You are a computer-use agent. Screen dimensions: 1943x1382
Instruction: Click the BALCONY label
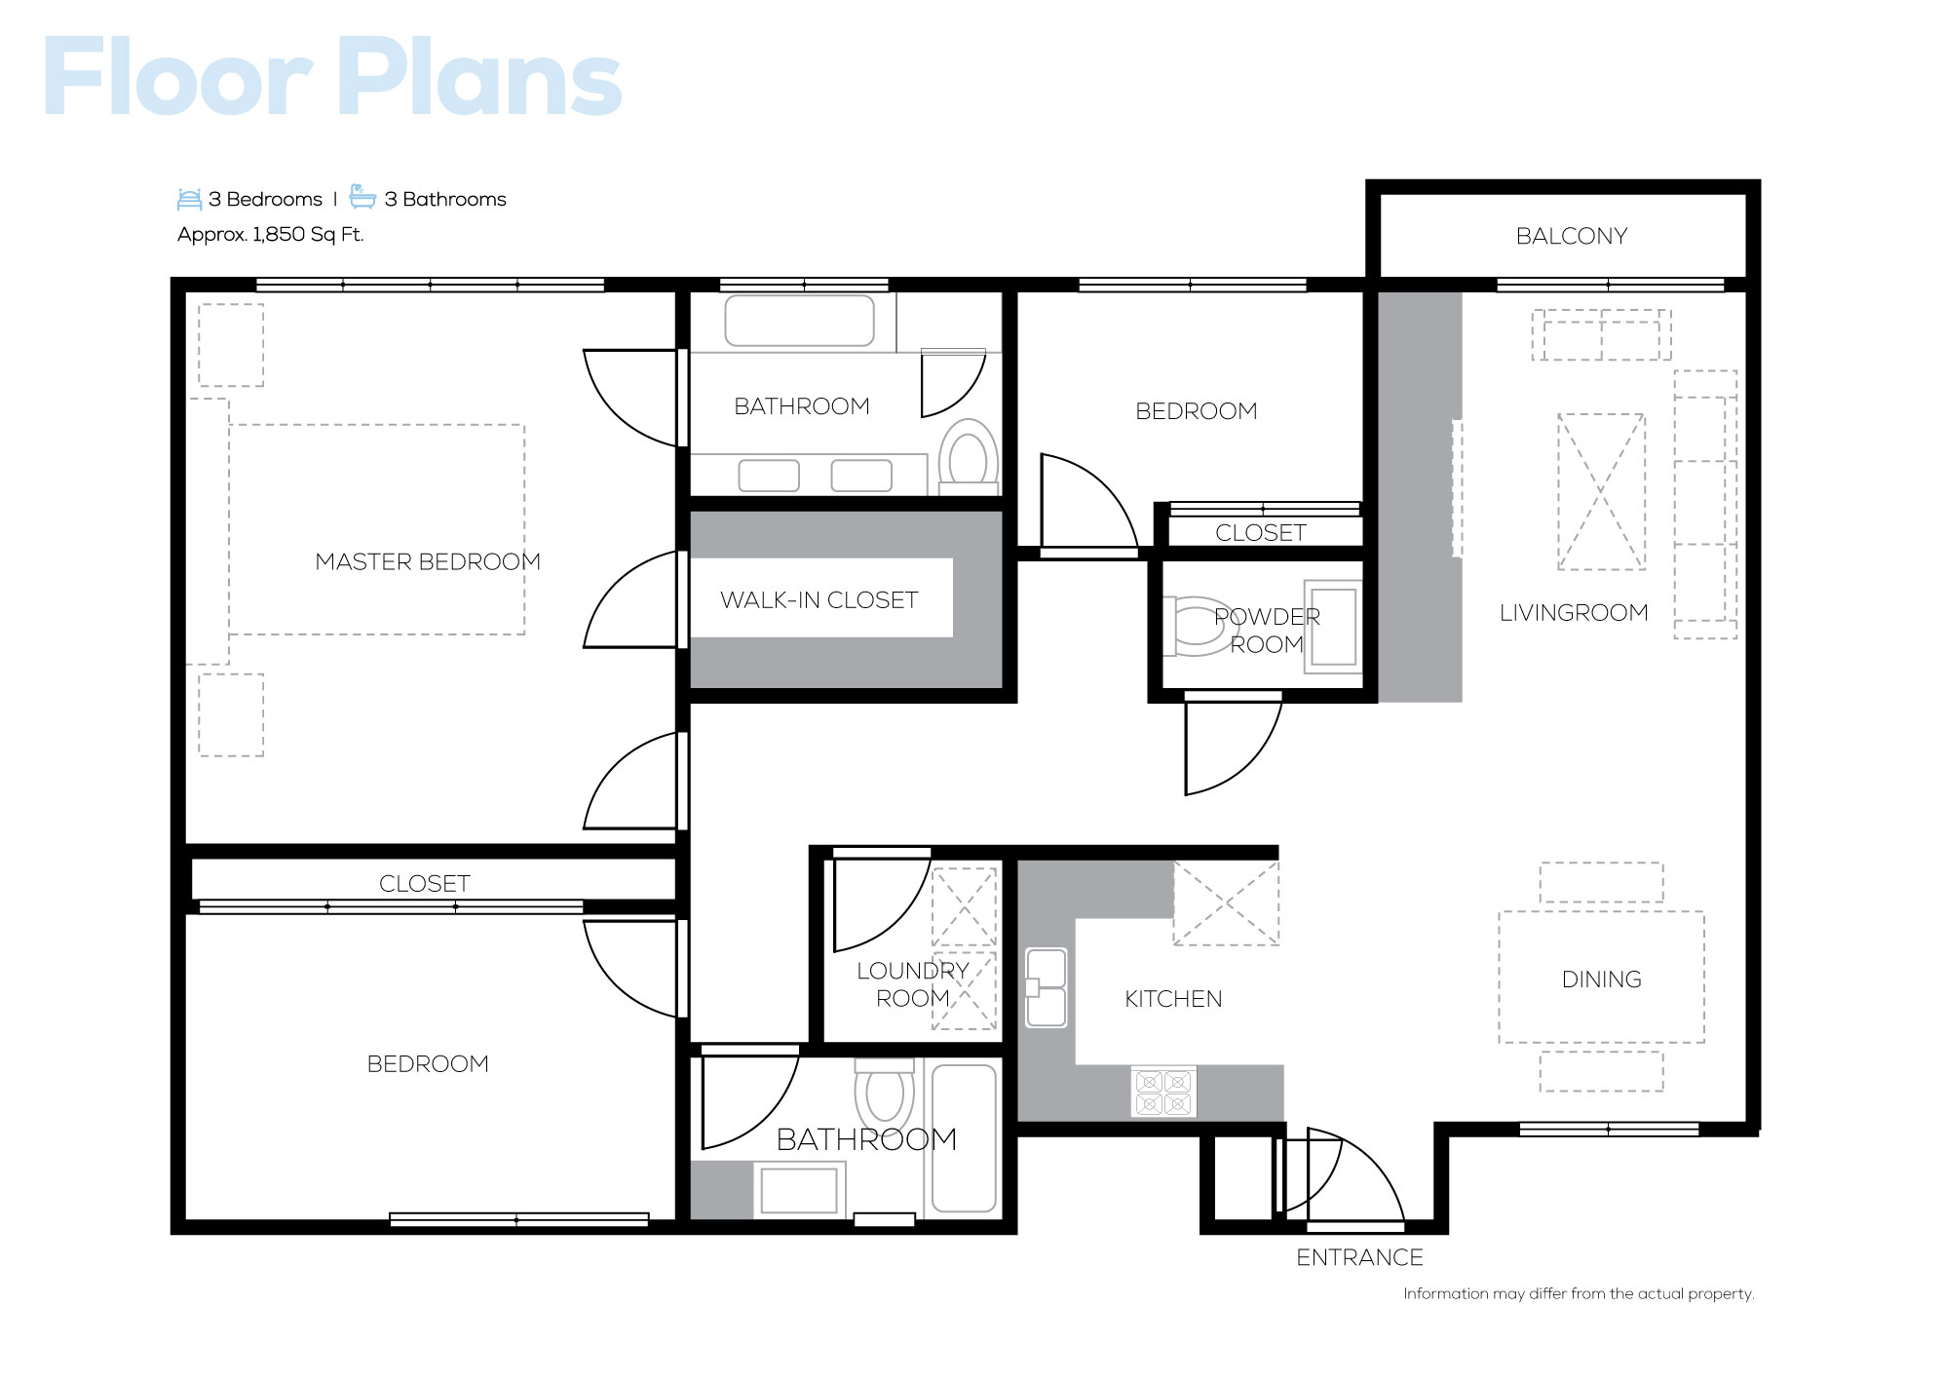pyautogui.click(x=1571, y=236)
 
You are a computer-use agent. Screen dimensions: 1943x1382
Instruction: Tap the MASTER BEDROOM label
pyautogui.click(x=428, y=561)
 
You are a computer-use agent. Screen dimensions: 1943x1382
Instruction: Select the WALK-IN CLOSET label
pyautogui.click(x=819, y=599)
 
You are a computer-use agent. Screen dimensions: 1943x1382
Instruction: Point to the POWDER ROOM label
pyautogui.click(x=1267, y=630)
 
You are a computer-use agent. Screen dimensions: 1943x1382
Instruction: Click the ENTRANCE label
pyautogui.click(x=1359, y=1257)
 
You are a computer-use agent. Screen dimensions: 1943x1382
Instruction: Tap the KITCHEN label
pyautogui.click(x=1173, y=999)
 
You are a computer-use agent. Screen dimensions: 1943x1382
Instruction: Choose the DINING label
pyautogui.click(x=1601, y=979)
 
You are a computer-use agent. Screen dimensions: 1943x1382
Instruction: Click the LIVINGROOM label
pyautogui.click(x=1574, y=612)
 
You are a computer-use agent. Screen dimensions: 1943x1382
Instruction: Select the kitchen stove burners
pyautogui.click(x=1163, y=1093)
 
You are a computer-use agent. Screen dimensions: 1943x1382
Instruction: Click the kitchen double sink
pyautogui.click(x=1046, y=987)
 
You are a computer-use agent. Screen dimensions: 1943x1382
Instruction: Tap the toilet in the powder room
pyautogui.click(x=1198, y=626)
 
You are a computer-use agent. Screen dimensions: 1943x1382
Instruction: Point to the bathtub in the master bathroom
pyautogui.click(x=799, y=321)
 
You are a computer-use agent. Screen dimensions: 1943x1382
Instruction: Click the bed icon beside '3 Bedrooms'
pyautogui.click(x=189, y=199)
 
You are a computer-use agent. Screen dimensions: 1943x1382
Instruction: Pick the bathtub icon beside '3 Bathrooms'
pyautogui.click(x=362, y=197)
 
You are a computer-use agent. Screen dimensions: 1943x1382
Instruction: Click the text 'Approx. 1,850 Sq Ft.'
pyautogui.click(x=270, y=234)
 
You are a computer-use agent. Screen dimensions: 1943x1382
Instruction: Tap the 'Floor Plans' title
pyautogui.click(x=332, y=78)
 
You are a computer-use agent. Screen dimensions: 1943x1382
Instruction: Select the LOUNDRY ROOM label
pyautogui.click(x=912, y=984)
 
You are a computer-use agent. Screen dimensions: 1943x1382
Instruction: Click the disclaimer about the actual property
pyautogui.click(x=1579, y=1293)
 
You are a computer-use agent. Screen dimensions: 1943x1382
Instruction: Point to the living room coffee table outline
pyautogui.click(x=1601, y=492)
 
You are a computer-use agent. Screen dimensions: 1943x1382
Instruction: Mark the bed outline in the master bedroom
pyautogui.click(x=376, y=529)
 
